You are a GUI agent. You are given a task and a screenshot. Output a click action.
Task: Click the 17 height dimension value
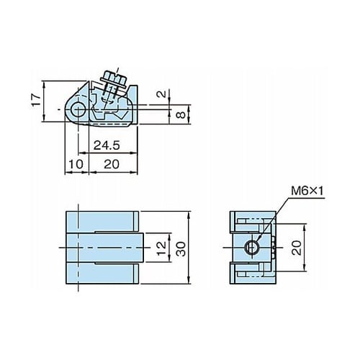(37, 100)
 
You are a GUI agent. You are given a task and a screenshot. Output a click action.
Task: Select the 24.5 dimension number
(107, 145)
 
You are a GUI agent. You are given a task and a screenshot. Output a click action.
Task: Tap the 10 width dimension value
(76, 164)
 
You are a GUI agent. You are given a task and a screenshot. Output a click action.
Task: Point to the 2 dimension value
(163, 94)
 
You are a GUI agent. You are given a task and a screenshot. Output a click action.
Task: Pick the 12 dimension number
(161, 248)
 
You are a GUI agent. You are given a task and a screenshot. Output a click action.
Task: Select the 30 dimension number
(181, 249)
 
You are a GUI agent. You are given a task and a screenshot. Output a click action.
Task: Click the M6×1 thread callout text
(307, 192)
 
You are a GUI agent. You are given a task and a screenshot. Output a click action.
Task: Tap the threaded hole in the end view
(252, 247)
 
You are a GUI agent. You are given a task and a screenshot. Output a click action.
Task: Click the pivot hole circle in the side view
(77, 109)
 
